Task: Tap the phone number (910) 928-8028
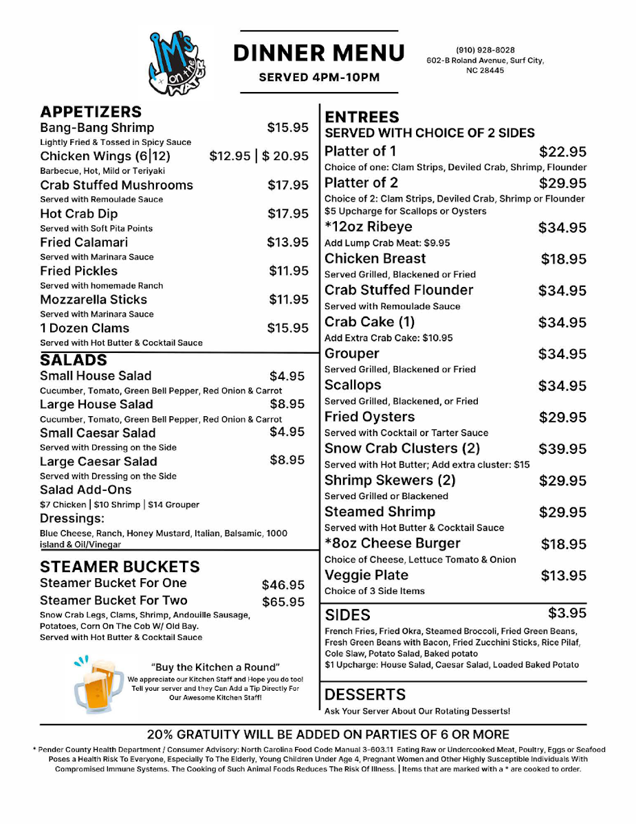(485, 50)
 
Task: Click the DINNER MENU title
(319, 53)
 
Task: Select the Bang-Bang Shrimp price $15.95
(288, 128)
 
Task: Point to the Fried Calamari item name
(84, 242)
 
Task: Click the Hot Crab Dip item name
(78, 214)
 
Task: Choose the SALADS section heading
(74, 360)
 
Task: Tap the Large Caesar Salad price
(287, 460)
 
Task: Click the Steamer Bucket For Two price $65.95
(283, 602)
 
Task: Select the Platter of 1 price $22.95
(562, 152)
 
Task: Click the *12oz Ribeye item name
(369, 227)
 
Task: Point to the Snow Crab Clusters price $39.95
(562, 449)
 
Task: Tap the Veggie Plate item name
(366, 575)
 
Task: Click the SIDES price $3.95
(567, 613)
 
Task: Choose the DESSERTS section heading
(365, 694)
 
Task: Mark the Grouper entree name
(352, 354)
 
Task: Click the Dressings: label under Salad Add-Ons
(72, 518)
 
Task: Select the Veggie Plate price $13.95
(564, 576)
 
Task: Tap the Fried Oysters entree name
(370, 417)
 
